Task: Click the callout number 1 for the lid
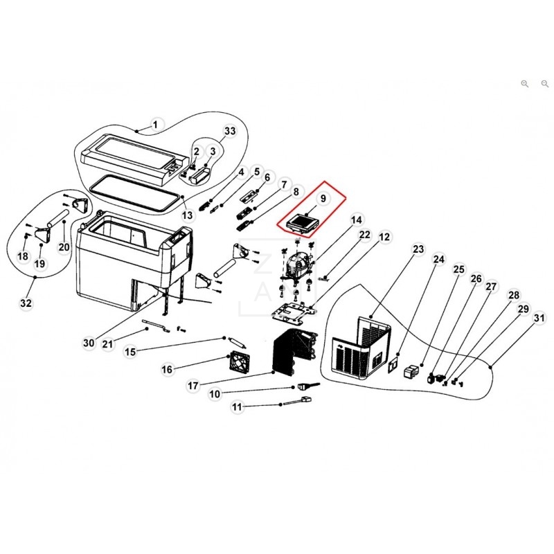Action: pyautogui.click(x=155, y=125)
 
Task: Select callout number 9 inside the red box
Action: pyautogui.click(x=321, y=199)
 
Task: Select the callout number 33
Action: pyautogui.click(x=230, y=131)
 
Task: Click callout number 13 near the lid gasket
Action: pyautogui.click(x=187, y=215)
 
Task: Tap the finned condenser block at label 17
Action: pyautogui.click(x=294, y=354)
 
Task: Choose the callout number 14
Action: pyautogui.click(x=356, y=221)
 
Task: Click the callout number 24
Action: pyautogui.click(x=438, y=259)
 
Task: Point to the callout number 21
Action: pyautogui.click(x=127, y=344)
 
